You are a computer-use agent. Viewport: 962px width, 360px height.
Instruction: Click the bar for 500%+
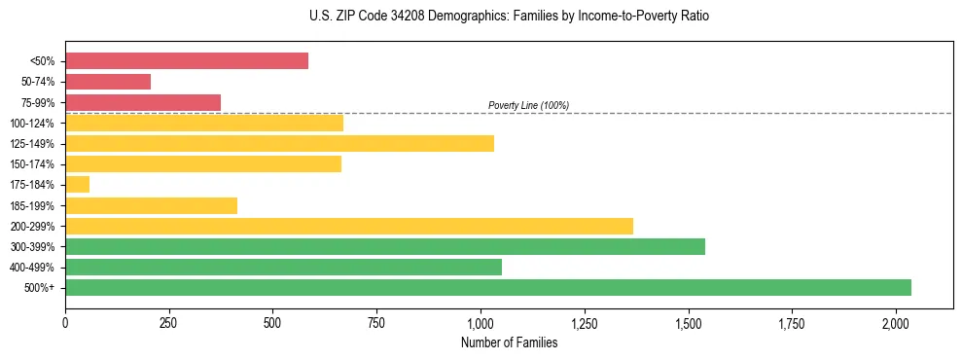tap(488, 287)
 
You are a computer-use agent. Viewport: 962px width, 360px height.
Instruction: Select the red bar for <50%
tap(187, 61)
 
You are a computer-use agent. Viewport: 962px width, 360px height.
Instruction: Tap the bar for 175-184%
tap(78, 185)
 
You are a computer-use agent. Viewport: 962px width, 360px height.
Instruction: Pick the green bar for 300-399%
tap(385, 246)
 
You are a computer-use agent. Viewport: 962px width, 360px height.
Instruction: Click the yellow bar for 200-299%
tap(349, 226)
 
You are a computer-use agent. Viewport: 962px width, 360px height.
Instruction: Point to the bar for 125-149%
tap(279, 144)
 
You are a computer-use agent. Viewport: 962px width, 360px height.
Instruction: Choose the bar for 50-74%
tap(108, 82)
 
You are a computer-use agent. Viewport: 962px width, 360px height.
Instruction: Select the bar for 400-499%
tap(283, 267)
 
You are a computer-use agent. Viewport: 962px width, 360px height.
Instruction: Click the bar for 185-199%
tap(151, 205)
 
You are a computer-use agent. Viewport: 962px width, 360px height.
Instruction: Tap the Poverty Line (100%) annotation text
tap(528, 105)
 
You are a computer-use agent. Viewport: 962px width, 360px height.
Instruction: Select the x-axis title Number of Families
tap(509, 342)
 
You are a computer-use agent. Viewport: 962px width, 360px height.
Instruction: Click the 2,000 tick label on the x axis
tap(896, 323)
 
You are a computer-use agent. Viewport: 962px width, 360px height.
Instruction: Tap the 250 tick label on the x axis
tap(169, 323)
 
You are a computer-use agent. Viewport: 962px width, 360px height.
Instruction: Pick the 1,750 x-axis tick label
tap(792, 323)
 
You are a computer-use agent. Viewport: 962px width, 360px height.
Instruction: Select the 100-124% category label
tap(33, 124)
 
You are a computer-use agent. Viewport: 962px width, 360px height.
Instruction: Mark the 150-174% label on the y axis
tap(33, 164)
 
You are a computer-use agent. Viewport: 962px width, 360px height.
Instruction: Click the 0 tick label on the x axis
tap(65, 323)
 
